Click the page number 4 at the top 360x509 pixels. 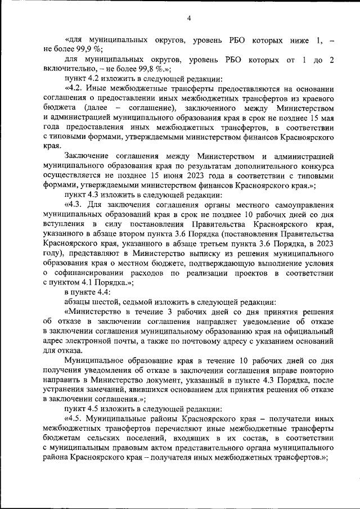click(x=190, y=19)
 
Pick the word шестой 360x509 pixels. click(x=106, y=302)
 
